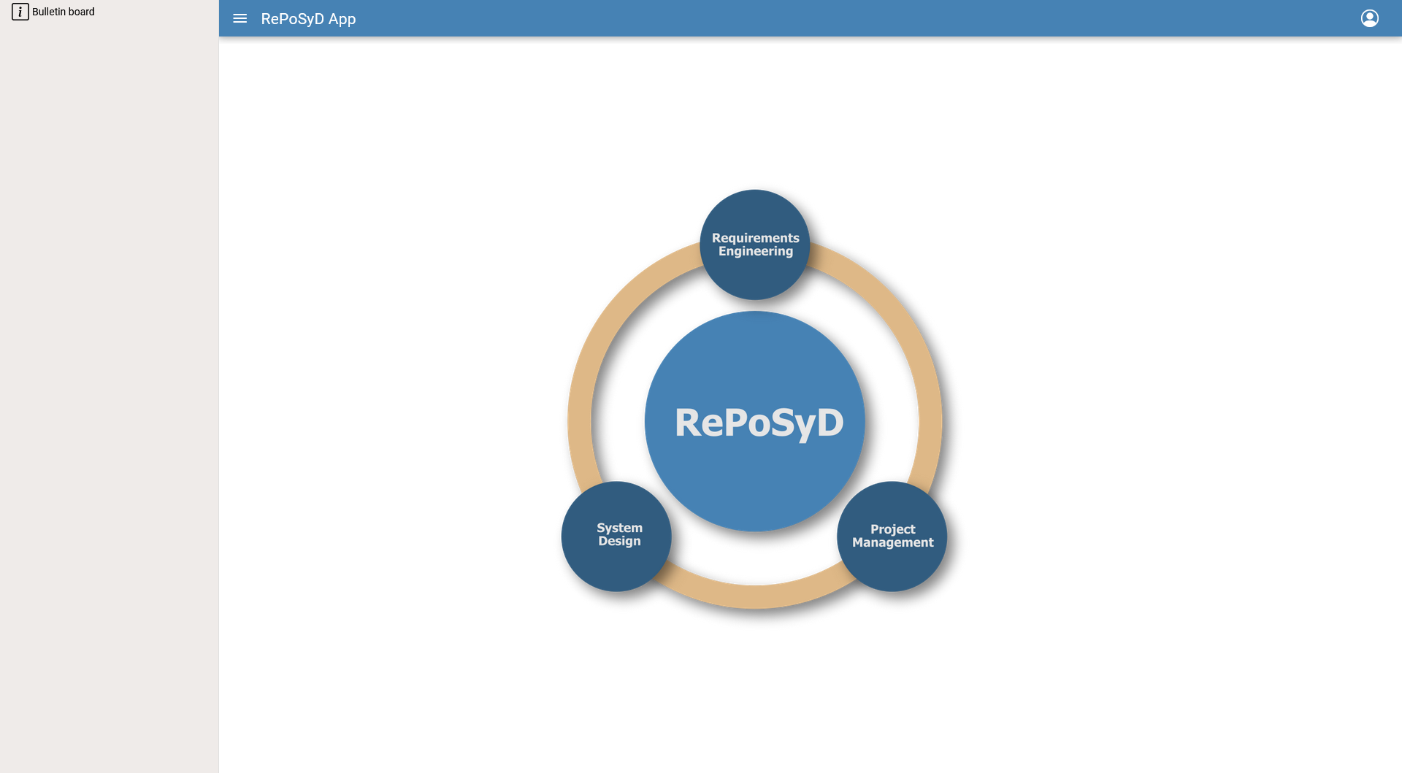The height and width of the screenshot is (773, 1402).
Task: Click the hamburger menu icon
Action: pos(240,19)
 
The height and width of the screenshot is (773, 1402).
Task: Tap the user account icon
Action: pos(1370,18)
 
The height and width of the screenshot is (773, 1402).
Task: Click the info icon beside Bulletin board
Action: pos(20,12)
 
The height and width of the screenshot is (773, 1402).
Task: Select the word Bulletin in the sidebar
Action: pos(49,12)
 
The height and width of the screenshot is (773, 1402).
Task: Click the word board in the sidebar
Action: pos(82,12)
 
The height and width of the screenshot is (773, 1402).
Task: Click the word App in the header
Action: pos(342,20)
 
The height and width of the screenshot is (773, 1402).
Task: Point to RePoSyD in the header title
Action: pos(292,19)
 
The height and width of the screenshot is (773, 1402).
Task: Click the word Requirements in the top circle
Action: pos(756,239)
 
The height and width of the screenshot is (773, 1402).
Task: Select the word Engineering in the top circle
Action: pos(756,252)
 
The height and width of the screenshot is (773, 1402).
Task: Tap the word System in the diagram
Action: pos(620,528)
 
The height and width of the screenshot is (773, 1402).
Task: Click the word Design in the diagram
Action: pos(620,541)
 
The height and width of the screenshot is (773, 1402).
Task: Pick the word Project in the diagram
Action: pos(893,530)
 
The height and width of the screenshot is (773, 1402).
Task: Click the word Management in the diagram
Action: pos(893,543)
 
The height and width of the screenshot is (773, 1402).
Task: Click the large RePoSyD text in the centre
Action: pos(759,423)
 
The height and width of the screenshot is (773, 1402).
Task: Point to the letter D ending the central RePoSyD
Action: pos(830,423)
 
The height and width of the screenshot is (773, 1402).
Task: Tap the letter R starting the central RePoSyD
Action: pos(689,423)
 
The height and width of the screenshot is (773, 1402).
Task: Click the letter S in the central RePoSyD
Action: pos(781,423)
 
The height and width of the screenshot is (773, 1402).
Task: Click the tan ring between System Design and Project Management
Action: pos(756,596)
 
